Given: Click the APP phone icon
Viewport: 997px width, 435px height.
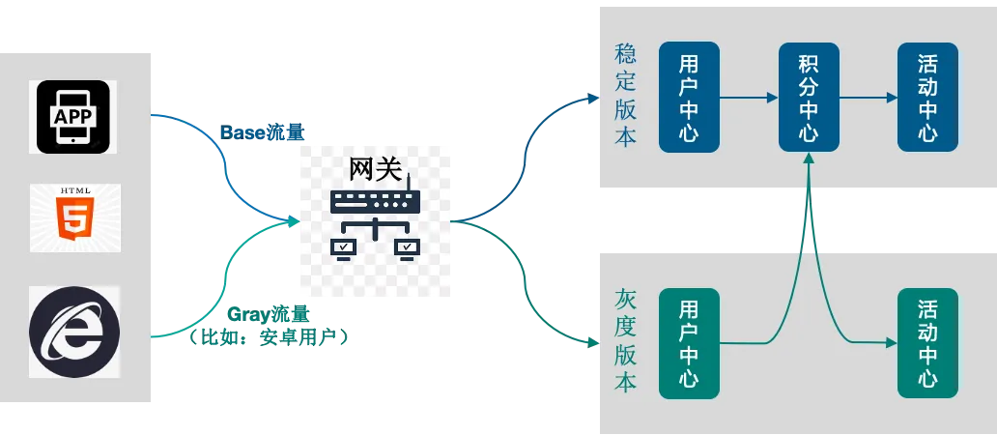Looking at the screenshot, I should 73,117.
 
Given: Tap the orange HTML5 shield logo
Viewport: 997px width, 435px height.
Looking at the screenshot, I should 74,223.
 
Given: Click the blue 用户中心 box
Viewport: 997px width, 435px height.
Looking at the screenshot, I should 689,97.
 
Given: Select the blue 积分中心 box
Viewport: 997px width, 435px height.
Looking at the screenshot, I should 809,97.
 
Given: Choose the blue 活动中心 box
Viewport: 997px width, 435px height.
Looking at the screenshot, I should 927,97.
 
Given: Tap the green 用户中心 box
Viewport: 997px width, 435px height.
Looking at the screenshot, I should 689,342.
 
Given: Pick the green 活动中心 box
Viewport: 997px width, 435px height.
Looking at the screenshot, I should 927,342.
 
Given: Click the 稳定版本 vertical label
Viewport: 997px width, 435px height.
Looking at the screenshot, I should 626,95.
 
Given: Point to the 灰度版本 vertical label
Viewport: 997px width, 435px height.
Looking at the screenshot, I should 626,340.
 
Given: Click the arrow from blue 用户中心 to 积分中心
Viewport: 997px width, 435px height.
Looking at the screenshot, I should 749,97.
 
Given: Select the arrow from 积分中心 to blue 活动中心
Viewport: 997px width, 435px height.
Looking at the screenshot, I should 869,97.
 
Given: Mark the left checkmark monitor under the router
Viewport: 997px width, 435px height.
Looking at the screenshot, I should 343,248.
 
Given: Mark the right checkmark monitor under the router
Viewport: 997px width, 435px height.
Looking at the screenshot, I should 407,248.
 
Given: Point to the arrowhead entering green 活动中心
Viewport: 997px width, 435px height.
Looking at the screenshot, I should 891,341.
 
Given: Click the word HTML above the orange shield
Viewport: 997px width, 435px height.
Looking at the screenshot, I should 74,191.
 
